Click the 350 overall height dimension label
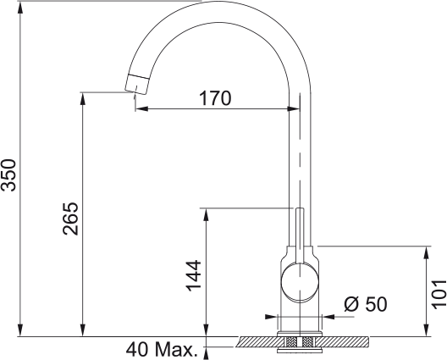[8, 175]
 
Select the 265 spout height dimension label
[70, 219]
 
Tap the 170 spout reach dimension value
[215, 98]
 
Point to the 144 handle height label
[194, 275]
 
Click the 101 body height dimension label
[439, 295]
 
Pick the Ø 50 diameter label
[366, 304]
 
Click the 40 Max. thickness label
[162, 350]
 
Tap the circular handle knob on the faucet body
[300, 281]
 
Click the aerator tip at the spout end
[137, 84]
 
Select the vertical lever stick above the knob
[300, 235]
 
